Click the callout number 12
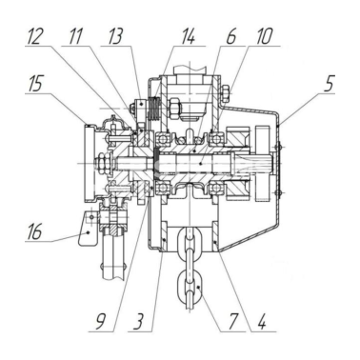tap(34, 36)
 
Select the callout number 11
tap(75, 36)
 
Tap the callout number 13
tap(115, 36)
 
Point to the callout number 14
tap(188, 36)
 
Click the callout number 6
tap(231, 36)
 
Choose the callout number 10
tap(264, 36)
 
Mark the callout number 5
tap(329, 83)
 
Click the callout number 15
tap(34, 83)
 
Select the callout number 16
tap(34, 231)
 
